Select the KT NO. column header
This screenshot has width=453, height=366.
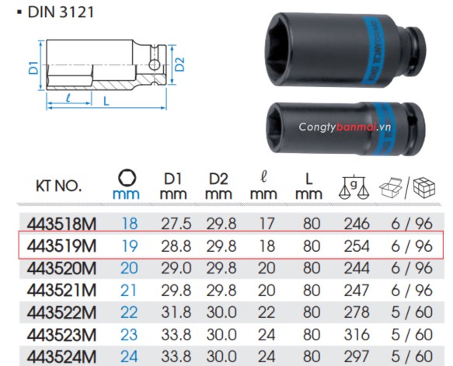pos(58,186)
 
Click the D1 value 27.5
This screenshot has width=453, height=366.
pos(176,223)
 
